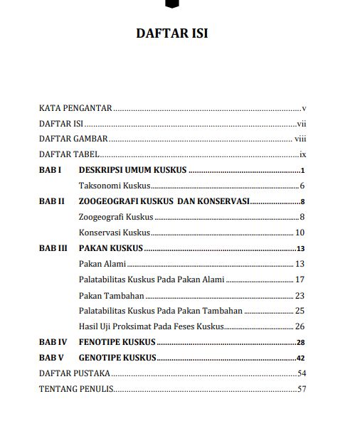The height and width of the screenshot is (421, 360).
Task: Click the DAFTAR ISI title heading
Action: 171,34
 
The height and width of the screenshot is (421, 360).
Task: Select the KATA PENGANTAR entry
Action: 75,109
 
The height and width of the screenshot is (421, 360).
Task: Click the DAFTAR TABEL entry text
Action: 68,155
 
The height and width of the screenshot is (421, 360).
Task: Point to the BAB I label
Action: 51,171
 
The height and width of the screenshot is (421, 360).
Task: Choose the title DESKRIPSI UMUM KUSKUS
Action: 132,171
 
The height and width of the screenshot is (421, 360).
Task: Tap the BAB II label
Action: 52,201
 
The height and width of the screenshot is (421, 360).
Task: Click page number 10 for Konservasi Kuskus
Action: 300,233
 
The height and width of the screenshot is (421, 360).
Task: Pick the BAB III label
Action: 53,248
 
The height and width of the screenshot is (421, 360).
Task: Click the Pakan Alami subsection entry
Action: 102,264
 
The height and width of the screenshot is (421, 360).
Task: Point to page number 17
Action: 300,279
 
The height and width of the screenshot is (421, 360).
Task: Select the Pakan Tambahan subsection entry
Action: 111,295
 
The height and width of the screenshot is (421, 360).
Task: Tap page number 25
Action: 300,311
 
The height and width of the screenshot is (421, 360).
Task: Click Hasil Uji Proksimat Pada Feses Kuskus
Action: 152,326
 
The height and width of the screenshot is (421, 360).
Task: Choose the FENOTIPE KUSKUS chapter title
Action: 117,342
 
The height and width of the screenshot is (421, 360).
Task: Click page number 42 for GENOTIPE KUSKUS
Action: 301,358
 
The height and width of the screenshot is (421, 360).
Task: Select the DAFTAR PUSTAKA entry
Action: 74,373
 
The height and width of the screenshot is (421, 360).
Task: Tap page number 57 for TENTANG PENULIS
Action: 302,389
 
